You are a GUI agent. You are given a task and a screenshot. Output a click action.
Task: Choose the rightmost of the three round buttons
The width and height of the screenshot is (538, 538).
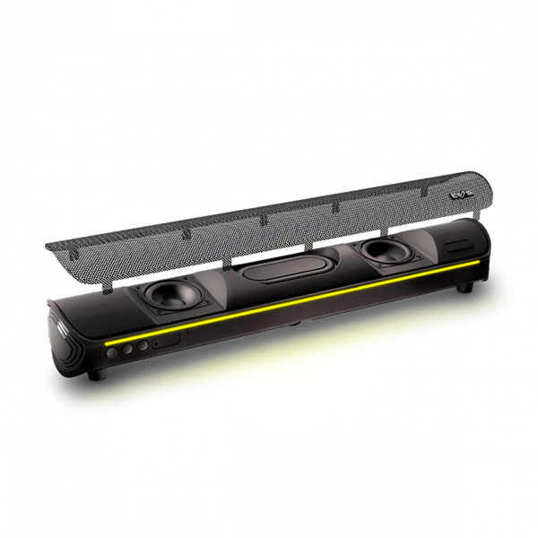coord(141,347)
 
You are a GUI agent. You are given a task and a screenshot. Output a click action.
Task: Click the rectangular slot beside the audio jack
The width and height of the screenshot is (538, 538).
coord(167,341)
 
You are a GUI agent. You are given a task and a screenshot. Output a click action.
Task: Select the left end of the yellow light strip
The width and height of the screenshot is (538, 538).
coord(108,342)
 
